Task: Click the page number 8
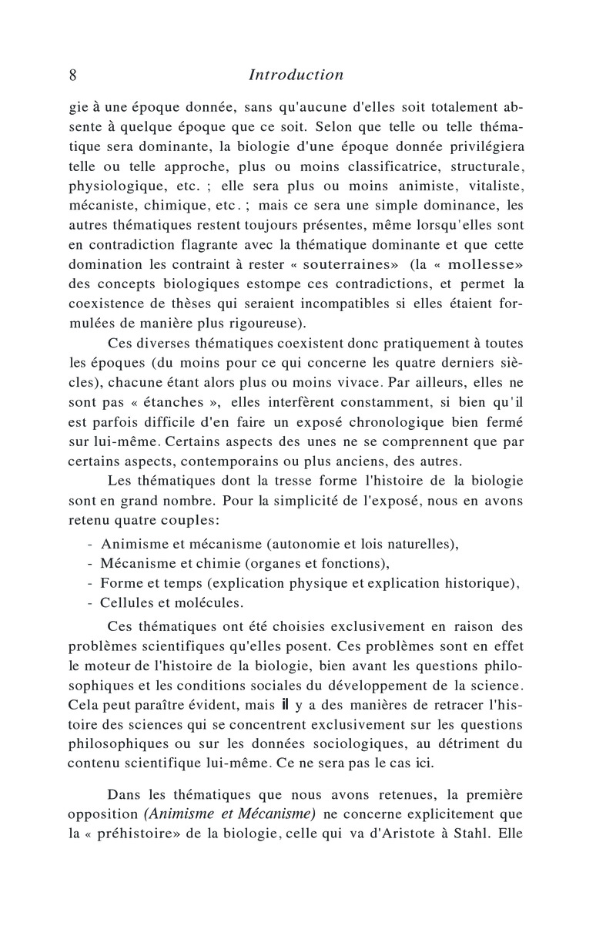click(72, 75)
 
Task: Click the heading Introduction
click(296, 75)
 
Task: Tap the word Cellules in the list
click(126, 602)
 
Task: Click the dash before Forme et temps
click(92, 583)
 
